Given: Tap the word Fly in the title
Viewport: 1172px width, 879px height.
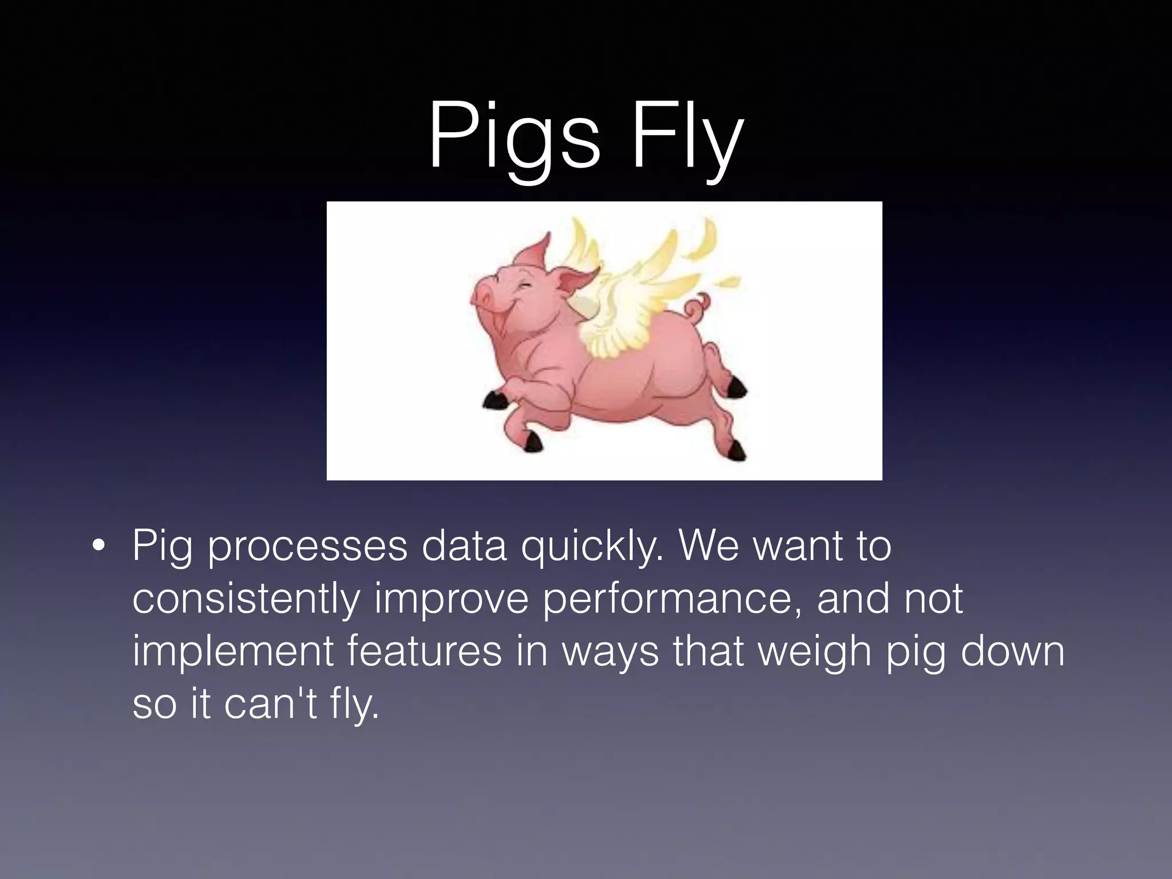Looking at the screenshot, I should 687,137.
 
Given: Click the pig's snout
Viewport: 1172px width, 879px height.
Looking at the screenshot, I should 482,296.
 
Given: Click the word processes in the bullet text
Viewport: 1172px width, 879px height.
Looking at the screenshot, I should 307,547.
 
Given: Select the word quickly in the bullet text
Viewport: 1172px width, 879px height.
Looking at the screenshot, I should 592,547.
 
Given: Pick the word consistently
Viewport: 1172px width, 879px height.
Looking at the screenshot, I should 246,599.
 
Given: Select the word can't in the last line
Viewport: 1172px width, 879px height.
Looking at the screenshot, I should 271,704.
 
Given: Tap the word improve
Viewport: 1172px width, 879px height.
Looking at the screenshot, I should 452,599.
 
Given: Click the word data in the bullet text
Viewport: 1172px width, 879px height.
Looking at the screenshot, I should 464,547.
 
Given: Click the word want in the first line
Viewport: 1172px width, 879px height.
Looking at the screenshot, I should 797,547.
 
